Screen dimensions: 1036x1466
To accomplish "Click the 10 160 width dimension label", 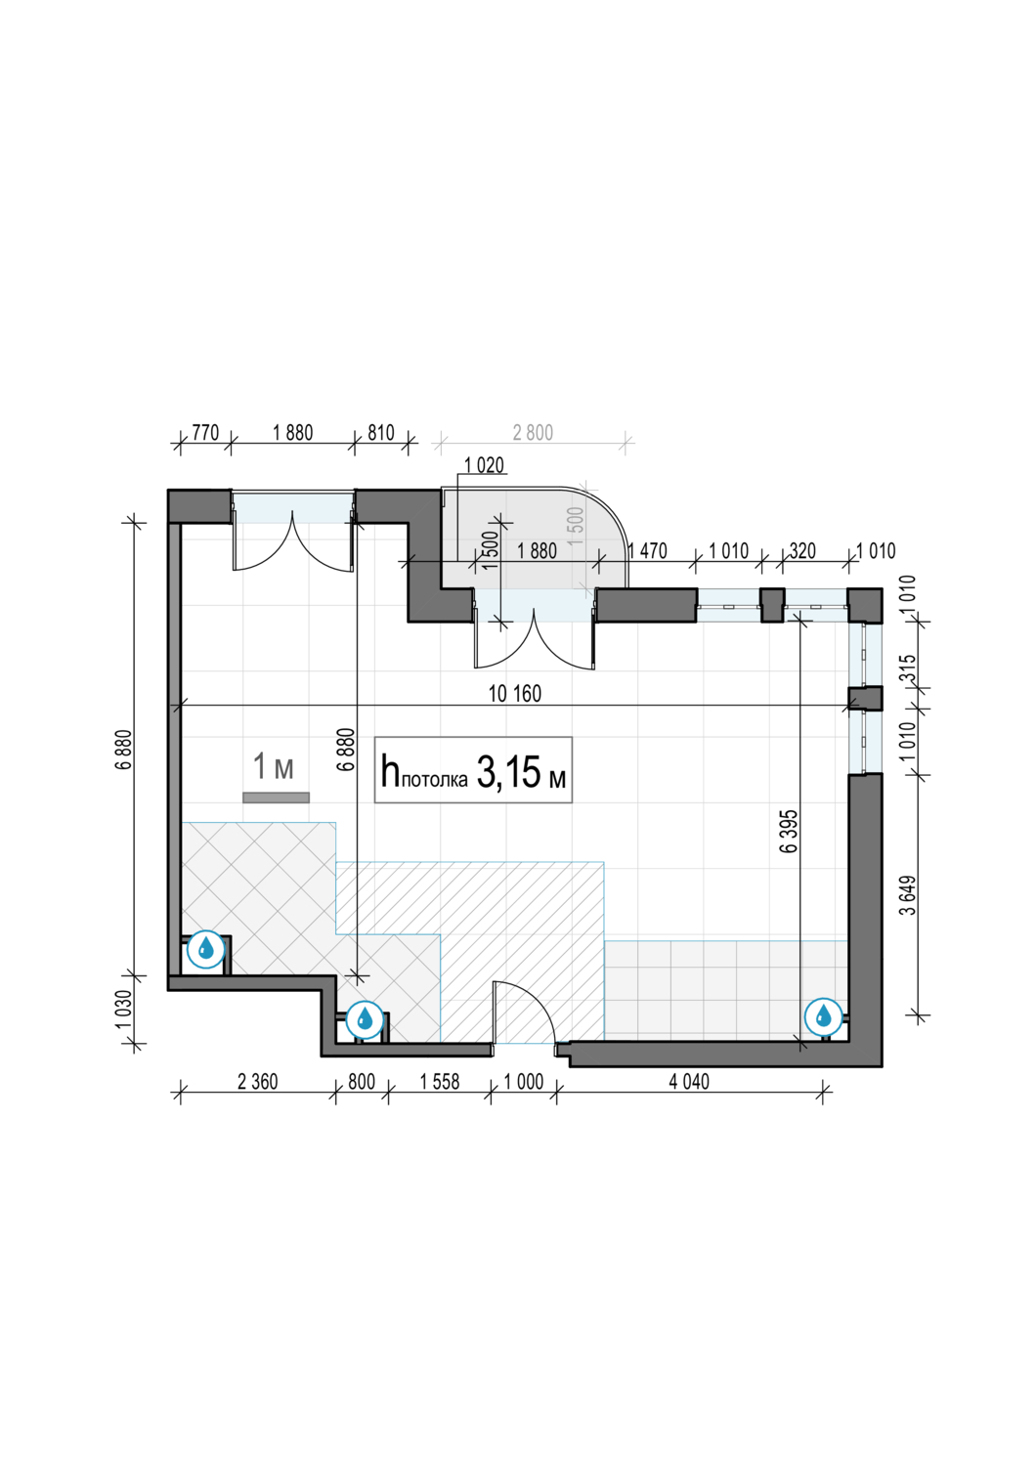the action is [515, 694].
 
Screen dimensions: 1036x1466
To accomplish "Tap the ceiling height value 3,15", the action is [509, 772].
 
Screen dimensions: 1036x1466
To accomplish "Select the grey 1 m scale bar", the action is [276, 798].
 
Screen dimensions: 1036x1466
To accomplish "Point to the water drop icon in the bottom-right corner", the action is [823, 1017].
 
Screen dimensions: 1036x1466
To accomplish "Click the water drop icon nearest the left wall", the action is [205, 951].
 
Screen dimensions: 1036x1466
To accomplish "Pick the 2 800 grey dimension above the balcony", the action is [533, 433].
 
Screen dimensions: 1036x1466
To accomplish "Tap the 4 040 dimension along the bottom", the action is [688, 1082].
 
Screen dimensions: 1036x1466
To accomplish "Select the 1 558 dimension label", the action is [440, 1082].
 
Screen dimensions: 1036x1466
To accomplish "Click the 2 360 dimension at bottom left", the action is [257, 1082].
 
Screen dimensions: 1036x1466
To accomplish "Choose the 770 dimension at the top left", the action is [205, 433].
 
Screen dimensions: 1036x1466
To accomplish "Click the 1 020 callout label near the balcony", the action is [484, 465].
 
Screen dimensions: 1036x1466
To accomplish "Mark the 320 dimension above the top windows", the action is [802, 551].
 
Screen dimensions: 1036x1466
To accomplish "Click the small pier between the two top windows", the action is [772, 605].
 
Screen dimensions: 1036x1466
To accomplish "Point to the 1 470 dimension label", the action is [647, 551].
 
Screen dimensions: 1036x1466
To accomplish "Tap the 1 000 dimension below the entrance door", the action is [524, 1082].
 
